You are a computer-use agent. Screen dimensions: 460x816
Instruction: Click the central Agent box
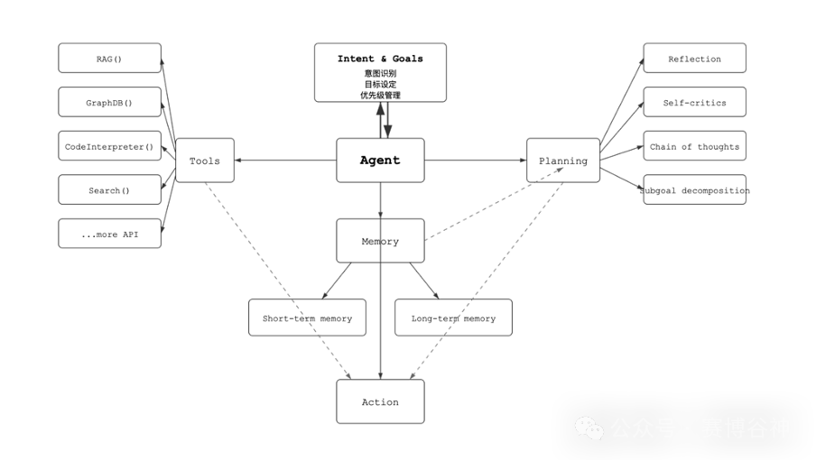380,161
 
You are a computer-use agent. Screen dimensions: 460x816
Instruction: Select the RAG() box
110,59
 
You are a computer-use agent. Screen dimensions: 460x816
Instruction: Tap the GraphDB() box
110,103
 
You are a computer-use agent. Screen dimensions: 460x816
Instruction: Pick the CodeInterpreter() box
110,146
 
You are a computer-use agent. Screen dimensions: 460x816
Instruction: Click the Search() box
110,190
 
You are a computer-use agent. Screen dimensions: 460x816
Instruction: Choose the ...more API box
110,235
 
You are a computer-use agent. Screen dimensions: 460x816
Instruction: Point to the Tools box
205,161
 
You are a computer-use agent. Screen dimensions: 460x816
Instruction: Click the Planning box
563,161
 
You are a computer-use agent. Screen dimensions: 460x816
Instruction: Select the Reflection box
694,59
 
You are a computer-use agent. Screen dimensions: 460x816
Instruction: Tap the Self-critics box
694,103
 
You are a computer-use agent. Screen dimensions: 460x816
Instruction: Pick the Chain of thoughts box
694,146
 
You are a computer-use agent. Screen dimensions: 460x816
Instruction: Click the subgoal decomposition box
694,190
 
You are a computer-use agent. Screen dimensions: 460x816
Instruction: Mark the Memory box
380,241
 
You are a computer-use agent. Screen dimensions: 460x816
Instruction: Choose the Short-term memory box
308,318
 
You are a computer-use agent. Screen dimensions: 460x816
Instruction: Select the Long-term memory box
453,318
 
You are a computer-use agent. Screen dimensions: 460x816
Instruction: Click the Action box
380,402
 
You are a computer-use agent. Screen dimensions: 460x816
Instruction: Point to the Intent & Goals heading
380,59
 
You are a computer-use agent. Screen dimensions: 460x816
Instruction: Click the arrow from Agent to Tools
284,161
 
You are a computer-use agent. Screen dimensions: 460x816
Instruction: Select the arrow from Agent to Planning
476,161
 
